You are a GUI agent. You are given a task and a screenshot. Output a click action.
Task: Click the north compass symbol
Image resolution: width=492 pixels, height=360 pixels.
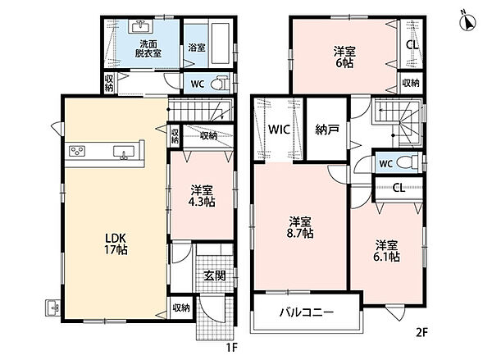pos(467,22)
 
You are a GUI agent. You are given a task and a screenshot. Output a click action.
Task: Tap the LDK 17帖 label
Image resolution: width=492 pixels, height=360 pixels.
pos(116,244)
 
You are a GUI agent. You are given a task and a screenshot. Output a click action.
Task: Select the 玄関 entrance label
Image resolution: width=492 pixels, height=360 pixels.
pos(215,276)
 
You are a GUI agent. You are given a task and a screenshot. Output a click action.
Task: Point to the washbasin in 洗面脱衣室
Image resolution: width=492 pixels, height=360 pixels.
pos(141,27)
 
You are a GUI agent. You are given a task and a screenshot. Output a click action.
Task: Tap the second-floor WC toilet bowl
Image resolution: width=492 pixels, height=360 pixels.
pos(407,163)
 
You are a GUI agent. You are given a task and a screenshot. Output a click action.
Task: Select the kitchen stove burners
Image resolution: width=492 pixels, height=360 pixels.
pos(77,151)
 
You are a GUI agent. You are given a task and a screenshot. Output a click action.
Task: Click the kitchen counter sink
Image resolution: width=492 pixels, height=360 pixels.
pos(124,153)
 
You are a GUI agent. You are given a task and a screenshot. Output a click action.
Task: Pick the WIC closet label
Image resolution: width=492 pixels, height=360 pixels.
pos(279,130)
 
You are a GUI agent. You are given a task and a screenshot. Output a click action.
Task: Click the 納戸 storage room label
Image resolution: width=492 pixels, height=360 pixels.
pos(327,130)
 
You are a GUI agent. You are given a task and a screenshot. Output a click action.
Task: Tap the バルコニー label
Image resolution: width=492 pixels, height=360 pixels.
pos(306,312)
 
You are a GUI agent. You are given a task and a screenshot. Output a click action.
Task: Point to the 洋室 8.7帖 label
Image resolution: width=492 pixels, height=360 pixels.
pos(301,227)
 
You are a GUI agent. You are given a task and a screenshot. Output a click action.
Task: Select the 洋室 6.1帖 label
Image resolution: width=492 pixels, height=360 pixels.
pos(386,251)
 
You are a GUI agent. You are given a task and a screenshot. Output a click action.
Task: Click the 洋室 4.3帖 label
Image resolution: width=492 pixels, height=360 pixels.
pos(202,196)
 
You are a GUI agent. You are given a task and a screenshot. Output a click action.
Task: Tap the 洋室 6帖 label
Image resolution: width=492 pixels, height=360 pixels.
pos(344,57)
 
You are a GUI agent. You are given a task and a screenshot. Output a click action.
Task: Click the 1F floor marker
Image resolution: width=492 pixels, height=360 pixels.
pos(232,348)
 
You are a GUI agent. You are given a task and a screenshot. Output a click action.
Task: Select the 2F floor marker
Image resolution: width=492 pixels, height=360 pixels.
pos(421,332)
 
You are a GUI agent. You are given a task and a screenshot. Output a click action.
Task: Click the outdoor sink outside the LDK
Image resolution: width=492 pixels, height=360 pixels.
pos(52,308)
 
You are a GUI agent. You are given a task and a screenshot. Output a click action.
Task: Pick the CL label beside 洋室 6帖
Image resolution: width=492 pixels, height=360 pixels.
pos(412,45)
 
